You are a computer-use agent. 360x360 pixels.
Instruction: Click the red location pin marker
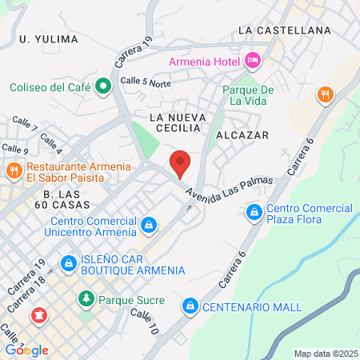[181, 162]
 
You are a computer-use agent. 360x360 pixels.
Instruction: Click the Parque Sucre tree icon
[86, 299]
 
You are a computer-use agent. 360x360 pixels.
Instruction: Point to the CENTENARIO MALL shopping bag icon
[190, 306]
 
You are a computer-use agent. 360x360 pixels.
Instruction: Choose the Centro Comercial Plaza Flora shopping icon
[254, 211]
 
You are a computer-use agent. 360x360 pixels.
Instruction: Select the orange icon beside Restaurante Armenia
[14, 170]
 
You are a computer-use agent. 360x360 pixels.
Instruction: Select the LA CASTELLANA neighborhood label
[285, 30]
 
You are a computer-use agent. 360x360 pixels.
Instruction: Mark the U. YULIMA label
[49, 38]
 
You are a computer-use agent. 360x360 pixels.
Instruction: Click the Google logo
[26, 350]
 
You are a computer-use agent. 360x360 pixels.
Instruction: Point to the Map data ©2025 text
[325, 354]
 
